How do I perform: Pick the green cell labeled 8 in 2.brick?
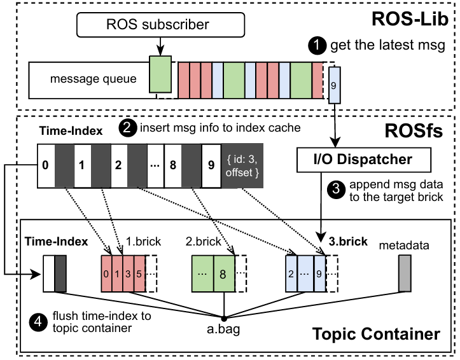(x=223, y=274)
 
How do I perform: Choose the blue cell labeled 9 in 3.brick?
(x=319, y=274)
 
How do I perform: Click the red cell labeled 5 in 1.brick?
(x=139, y=274)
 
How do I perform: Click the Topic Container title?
(x=375, y=333)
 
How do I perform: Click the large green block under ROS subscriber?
(x=160, y=76)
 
